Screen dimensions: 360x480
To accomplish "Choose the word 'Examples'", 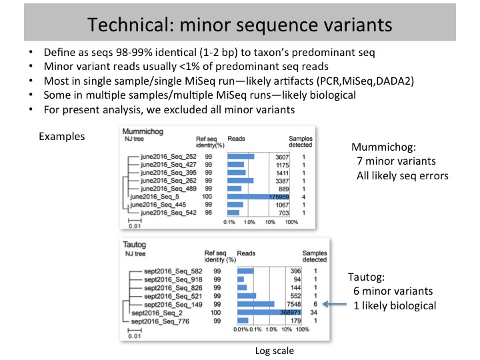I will tap(61, 136).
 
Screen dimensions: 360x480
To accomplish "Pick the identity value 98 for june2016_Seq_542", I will tap(209, 213).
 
